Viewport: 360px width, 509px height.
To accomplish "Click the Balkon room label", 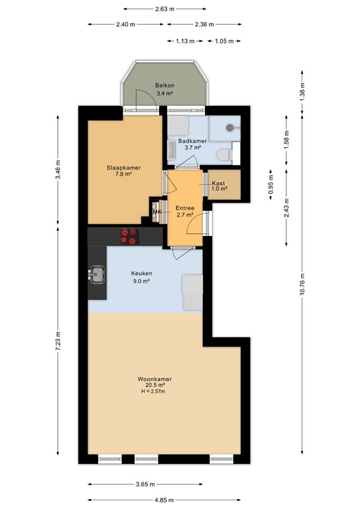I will tap(164, 86).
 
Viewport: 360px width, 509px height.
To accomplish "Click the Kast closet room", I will tap(219, 186).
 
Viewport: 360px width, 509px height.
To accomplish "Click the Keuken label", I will tap(141, 273).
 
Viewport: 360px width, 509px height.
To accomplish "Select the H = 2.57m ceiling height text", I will tap(152, 391).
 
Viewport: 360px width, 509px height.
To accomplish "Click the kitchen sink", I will tap(97, 273).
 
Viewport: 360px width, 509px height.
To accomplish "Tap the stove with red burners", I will tap(129, 236).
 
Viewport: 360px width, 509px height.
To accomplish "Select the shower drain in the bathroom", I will tap(230, 126).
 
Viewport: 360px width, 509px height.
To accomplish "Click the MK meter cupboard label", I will tap(157, 211).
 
